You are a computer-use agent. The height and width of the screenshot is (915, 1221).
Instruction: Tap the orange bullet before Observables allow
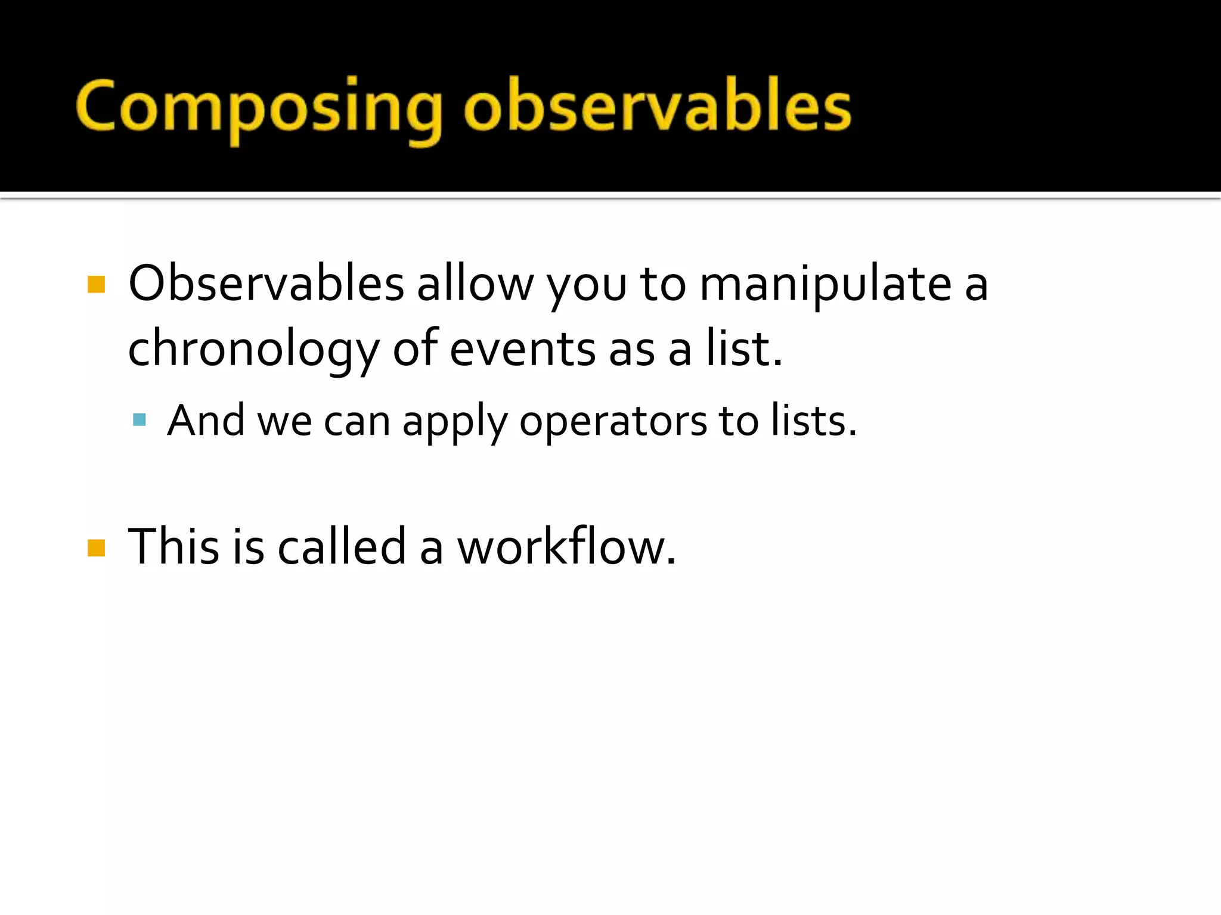coord(96,284)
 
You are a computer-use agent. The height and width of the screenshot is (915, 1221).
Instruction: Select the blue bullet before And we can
coord(140,420)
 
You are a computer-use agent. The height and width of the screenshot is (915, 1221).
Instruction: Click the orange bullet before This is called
coord(96,547)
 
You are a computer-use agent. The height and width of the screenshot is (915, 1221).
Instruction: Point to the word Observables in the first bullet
coord(266,284)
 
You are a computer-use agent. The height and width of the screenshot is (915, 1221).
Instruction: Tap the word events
coord(522,349)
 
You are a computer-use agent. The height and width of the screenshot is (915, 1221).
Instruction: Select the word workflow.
coord(566,546)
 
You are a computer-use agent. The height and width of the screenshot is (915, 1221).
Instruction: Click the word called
coord(342,546)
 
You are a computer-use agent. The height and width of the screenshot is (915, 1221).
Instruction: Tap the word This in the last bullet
coord(173,546)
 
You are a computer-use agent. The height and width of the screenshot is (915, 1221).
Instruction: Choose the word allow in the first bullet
coord(475,284)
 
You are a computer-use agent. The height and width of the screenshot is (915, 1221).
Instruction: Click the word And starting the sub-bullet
coord(206,421)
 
